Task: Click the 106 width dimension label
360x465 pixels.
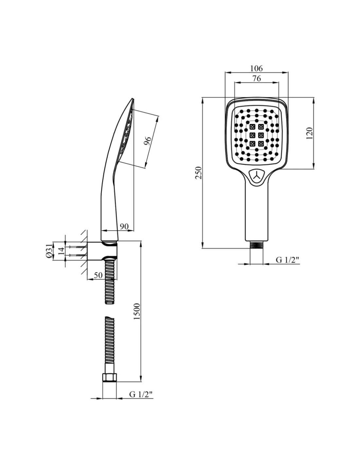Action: [x=256, y=68]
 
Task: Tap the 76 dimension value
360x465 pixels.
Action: [x=257, y=78]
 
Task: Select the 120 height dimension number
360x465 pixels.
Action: [x=310, y=133]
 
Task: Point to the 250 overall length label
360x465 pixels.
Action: [x=199, y=173]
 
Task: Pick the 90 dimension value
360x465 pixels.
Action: [x=124, y=226]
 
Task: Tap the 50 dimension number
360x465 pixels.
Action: [x=98, y=275]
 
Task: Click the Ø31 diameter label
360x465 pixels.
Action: [x=49, y=251]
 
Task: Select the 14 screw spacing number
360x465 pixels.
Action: [x=61, y=251]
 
